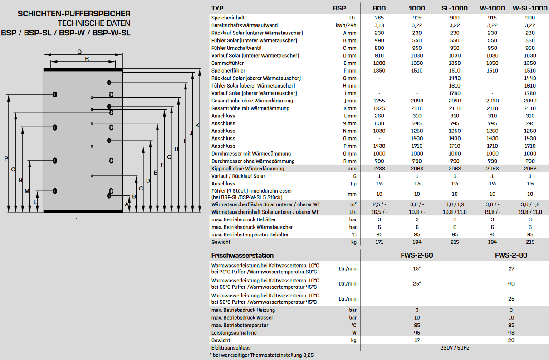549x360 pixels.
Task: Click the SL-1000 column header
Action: point(454,8)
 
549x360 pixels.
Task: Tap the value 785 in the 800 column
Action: point(379,18)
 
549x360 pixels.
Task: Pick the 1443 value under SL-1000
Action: point(455,78)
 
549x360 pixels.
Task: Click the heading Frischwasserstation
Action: point(242,255)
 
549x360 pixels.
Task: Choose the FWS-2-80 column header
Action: point(511,255)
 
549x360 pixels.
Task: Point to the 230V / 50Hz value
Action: point(455,348)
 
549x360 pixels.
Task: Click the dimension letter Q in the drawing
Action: point(79,51)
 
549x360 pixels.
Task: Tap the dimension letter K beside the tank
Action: point(197,125)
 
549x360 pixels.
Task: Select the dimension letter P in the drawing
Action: point(6,158)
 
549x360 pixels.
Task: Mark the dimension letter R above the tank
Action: point(87,59)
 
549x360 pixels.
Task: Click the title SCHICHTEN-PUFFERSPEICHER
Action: point(74,14)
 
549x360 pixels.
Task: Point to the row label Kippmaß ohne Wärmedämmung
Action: point(247,169)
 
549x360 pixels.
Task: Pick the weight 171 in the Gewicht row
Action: point(379,242)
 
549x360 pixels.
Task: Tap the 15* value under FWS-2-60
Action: point(417,268)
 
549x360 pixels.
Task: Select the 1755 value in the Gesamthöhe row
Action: point(379,101)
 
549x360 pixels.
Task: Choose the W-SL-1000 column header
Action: point(530,8)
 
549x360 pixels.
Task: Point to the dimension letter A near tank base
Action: point(127,204)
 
